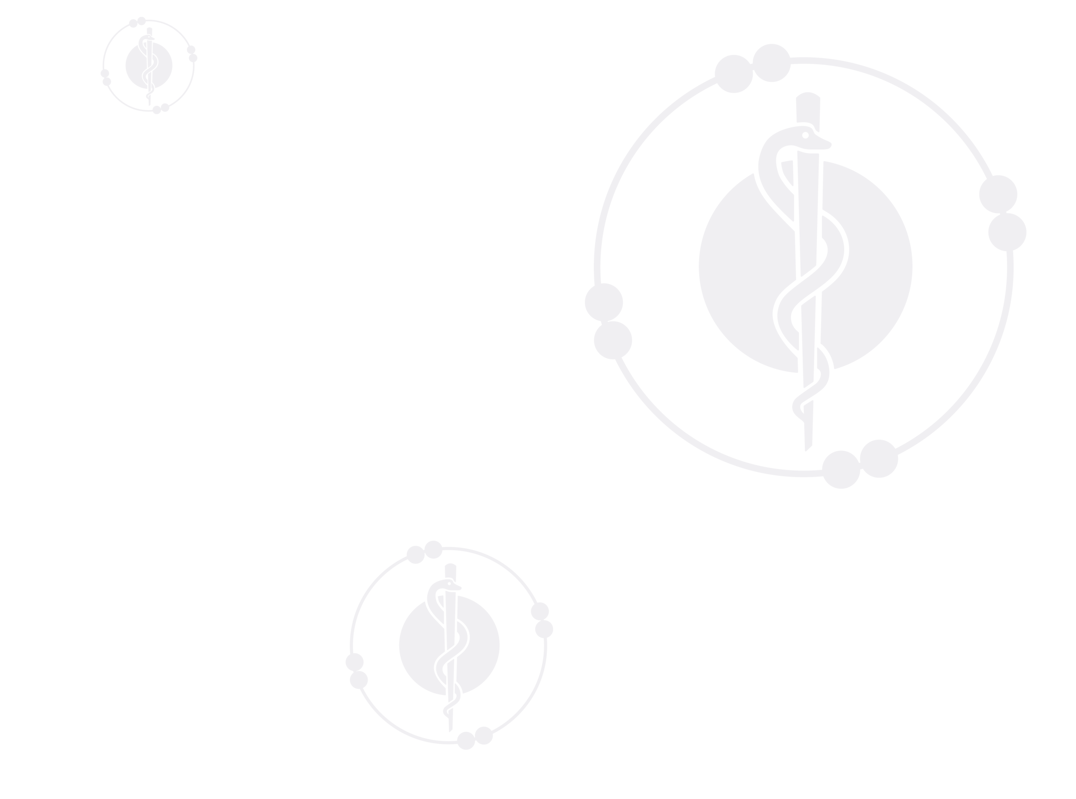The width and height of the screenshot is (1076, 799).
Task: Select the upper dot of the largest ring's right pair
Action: (x=998, y=194)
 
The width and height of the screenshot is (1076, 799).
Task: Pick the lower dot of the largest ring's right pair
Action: (x=1007, y=232)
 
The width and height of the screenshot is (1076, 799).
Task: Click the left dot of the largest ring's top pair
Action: (x=733, y=74)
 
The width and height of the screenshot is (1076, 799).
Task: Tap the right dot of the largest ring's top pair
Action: (x=772, y=63)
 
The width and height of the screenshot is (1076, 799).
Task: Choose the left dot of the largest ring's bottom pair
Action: (x=841, y=470)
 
